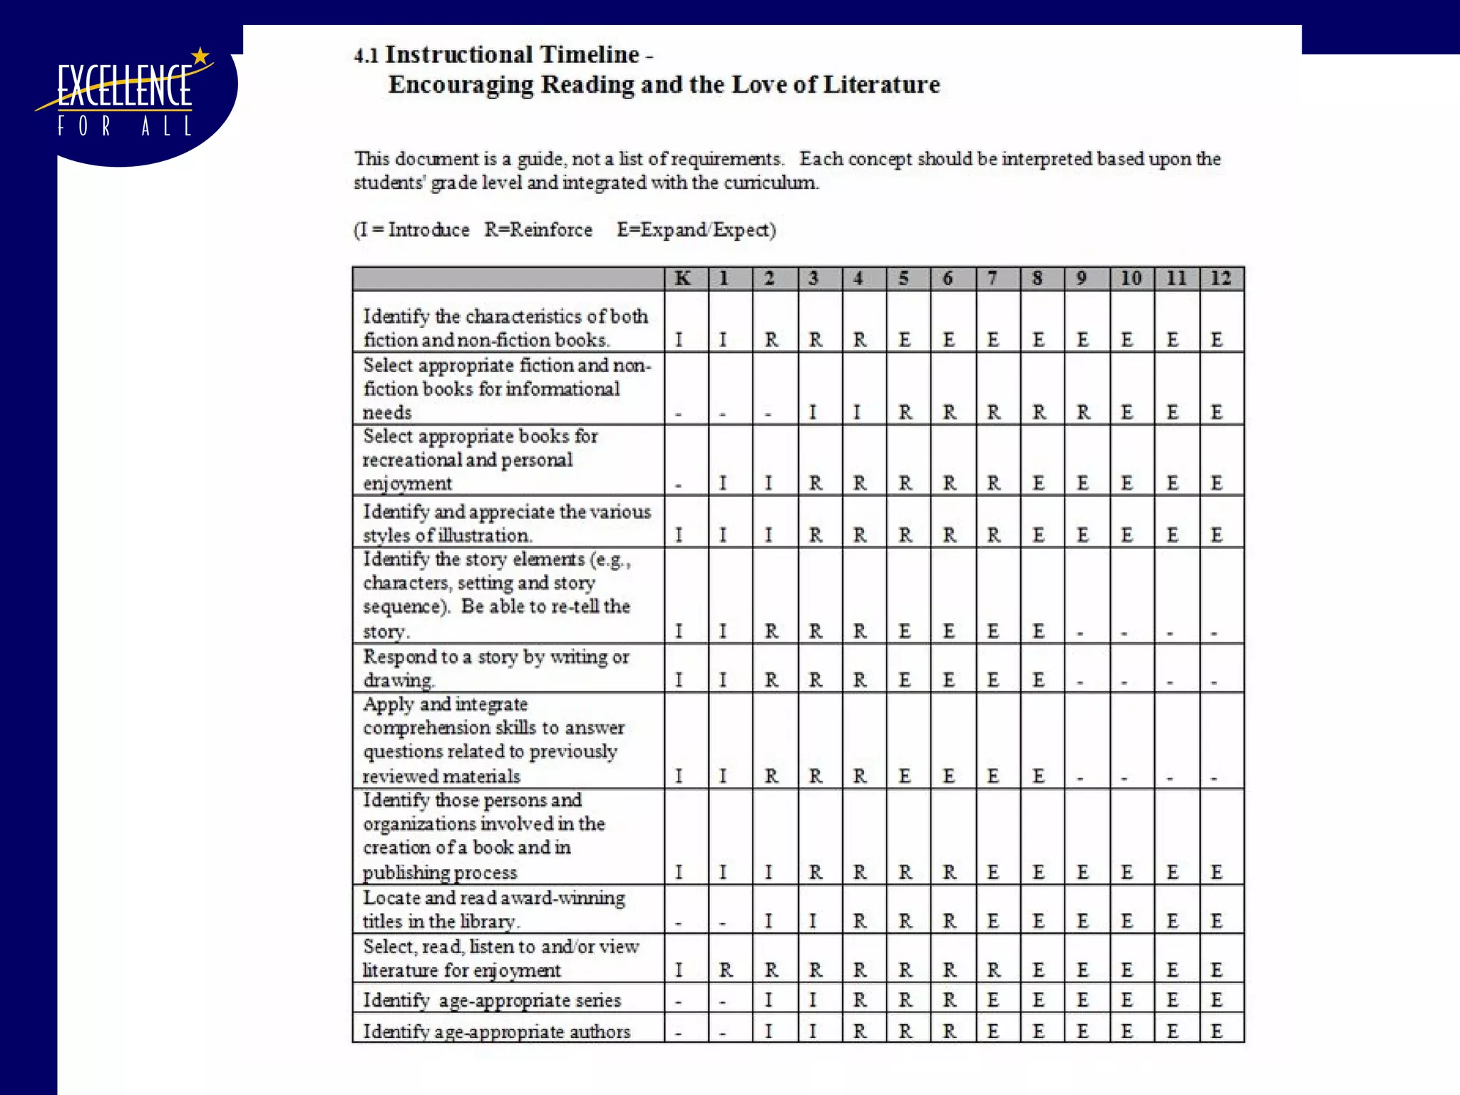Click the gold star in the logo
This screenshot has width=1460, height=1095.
[x=201, y=56]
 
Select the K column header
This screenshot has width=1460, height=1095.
[x=683, y=278]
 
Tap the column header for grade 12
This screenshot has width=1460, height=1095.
[x=1220, y=278]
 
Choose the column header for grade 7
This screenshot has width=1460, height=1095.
[x=992, y=278]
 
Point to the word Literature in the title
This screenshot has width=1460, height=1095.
[x=881, y=85]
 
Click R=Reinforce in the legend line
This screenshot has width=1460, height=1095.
[x=538, y=230]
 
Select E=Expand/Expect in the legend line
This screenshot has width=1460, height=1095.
[x=696, y=230]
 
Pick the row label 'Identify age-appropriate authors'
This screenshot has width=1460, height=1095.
[x=497, y=1032]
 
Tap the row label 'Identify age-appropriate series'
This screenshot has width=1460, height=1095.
[x=492, y=1000]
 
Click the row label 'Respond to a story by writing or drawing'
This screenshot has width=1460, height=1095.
[x=496, y=668]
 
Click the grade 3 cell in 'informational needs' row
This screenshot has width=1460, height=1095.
[x=813, y=412]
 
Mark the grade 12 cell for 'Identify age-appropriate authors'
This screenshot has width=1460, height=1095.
[x=1217, y=1032]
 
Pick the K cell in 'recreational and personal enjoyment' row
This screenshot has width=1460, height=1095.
[x=679, y=484]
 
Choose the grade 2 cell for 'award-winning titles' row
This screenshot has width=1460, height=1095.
[x=769, y=921]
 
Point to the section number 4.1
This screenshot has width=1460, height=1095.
[x=366, y=56]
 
